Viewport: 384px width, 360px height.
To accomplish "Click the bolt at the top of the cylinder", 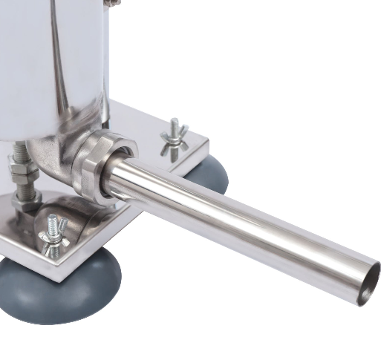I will click(112, 3).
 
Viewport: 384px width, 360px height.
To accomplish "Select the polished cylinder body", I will click(52, 67).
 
